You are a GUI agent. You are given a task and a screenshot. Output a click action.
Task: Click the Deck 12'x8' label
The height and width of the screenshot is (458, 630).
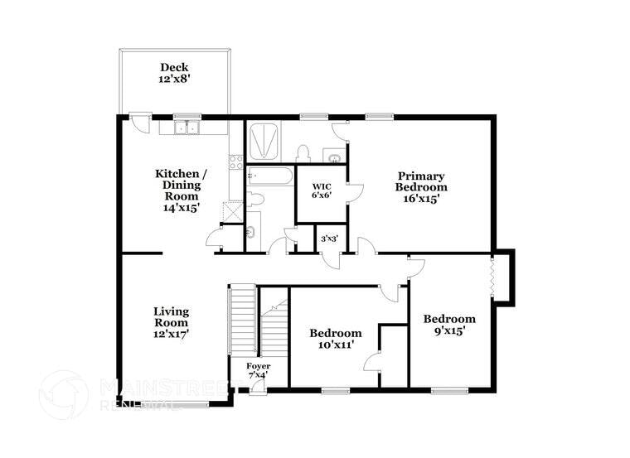[175, 73]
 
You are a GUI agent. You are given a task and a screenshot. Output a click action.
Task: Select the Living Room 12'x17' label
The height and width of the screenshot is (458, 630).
[171, 322]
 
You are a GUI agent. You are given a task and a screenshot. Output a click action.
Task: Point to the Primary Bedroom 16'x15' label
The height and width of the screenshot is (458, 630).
[421, 187]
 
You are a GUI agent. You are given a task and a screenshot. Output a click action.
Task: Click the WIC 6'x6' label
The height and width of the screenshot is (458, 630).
[321, 190]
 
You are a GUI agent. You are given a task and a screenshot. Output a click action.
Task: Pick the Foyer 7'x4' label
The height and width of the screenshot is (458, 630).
[251, 370]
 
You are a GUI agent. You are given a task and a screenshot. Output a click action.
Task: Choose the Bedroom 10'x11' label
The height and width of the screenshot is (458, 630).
[336, 338]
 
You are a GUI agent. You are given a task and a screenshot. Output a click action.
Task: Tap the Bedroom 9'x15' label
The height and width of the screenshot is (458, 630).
[449, 324]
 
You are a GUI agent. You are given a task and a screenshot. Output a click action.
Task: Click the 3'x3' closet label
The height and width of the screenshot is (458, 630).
[329, 239]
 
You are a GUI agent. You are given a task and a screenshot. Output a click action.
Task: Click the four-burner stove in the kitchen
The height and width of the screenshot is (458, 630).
[236, 162]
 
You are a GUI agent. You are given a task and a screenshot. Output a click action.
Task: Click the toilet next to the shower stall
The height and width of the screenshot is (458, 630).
[303, 154]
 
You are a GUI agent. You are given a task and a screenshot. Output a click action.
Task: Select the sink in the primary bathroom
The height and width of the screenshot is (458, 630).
[332, 156]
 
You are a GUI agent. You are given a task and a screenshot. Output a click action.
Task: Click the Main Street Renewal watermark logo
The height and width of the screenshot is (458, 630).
[63, 395]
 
